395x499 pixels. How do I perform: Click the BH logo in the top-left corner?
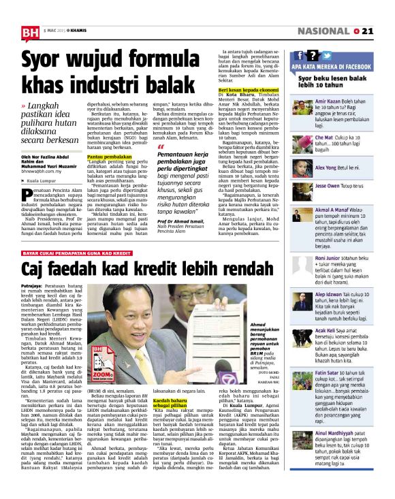(30, 31)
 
